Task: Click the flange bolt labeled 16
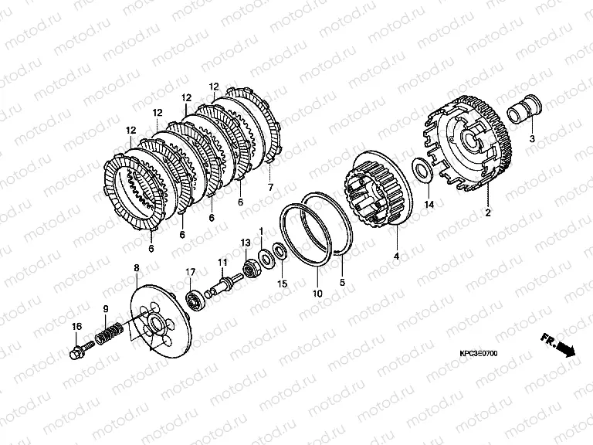82,349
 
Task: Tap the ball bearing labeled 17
197,297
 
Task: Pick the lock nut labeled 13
249,269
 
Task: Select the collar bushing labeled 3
524,108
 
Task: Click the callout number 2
488,212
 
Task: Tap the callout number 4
396,256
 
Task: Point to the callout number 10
317,294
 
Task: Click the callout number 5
342,282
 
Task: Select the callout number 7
270,187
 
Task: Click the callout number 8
137,268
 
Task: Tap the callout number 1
261,230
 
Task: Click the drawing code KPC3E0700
479,353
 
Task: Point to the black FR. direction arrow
566,349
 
